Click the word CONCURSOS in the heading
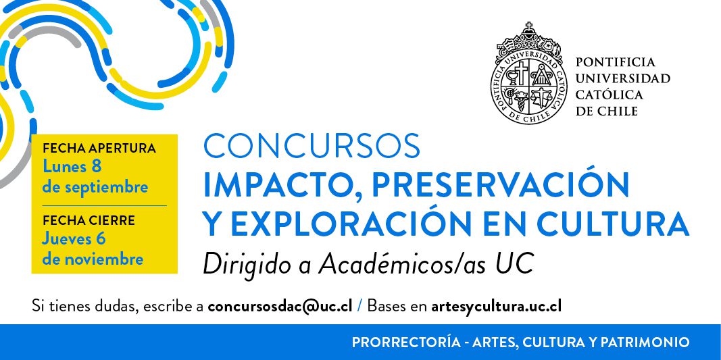coord(312,146)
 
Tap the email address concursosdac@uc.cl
coord(280,306)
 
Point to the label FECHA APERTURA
coord(99,148)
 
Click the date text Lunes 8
coord(72,166)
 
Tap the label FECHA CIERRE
coord(89,220)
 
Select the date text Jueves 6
coord(74,238)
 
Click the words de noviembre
coord(93,259)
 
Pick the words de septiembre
coord(95,186)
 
